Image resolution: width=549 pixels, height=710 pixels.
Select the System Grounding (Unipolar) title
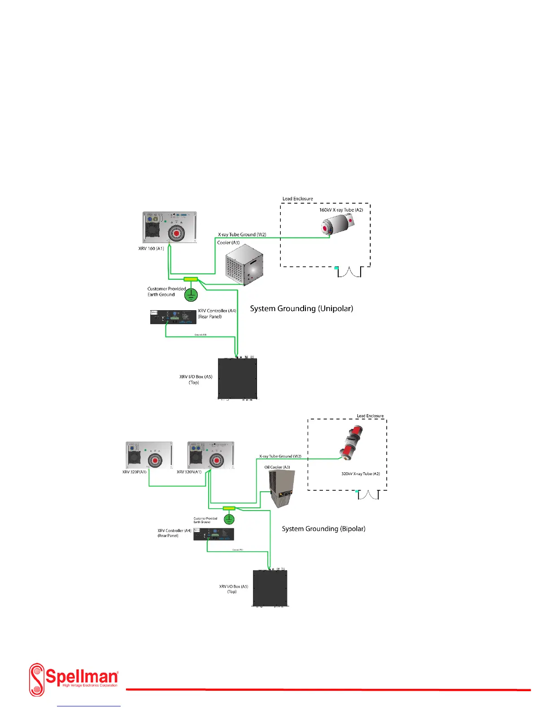[301, 308]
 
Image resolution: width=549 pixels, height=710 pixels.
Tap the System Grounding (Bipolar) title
[323, 529]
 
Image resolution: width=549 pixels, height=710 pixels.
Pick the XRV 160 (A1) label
[151, 248]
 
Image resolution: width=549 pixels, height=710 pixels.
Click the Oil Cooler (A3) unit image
[281, 489]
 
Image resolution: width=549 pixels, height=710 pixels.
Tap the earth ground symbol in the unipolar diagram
[192, 294]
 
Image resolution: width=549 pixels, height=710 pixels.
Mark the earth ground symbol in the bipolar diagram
[229, 520]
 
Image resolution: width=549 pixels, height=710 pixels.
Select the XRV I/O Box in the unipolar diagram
[237, 378]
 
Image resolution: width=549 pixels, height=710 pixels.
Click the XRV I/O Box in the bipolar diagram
[270, 588]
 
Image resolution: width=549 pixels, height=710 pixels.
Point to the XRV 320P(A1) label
[134, 472]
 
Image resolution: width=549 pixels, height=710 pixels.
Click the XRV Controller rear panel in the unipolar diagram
[174, 317]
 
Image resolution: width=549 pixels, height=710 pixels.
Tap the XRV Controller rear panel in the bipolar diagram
[213, 534]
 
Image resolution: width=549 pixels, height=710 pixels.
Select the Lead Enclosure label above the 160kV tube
[297, 199]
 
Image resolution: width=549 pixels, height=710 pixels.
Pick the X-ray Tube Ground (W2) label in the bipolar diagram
[280, 456]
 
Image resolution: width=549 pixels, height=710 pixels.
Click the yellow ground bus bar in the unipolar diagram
[191, 279]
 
